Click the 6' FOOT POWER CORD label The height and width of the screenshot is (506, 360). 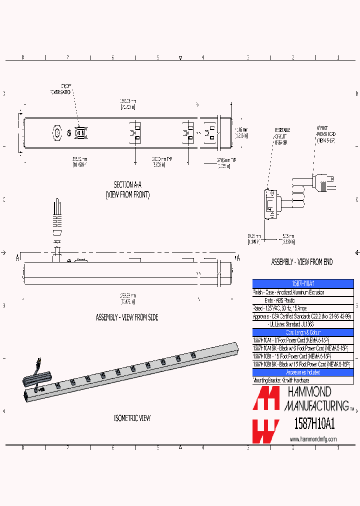pos(326,134)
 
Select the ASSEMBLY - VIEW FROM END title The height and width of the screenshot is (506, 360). pos(301,262)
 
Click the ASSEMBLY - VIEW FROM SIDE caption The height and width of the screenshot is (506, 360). pos(127,317)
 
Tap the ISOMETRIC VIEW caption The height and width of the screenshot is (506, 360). pos(132,418)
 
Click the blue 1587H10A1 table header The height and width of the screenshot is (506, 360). pos(302,283)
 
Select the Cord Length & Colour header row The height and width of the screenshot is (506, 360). pos(302,332)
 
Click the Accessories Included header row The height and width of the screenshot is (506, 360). pos(302,372)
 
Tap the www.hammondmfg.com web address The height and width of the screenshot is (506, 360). pos(313,439)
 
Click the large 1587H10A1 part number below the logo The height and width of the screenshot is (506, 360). pos(313,423)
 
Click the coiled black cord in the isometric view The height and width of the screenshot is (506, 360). pos(37,378)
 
